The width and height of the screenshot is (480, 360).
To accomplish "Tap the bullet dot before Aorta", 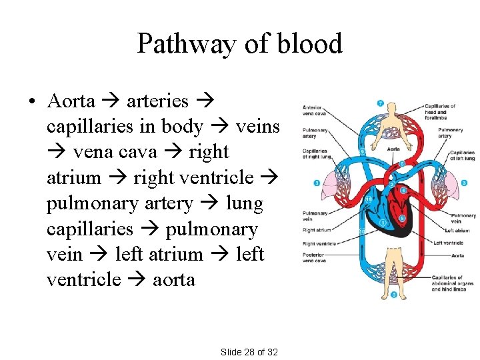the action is (x=31, y=102).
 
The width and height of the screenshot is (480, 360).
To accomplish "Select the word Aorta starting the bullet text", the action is (x=71, y=101).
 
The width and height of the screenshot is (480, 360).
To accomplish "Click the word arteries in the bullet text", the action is (x=157, y=101).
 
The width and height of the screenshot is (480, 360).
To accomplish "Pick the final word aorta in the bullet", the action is (x=173, y=280).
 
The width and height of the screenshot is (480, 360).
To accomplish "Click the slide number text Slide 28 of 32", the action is (x=249, y=351).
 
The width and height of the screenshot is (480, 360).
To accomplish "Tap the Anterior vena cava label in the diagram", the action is (x=313, y=110).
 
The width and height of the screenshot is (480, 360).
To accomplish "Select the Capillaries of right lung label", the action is (x=315, y=154).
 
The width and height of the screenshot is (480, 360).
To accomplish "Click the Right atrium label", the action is (x=316, y=230).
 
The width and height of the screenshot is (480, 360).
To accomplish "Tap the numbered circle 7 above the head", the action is (x=380, y=103).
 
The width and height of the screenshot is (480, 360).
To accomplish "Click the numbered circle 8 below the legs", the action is (x=394, y=295).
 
